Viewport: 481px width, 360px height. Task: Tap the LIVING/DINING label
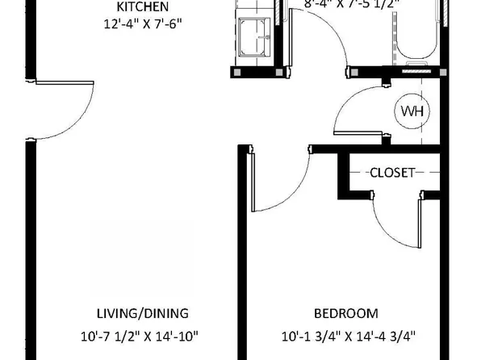[x=142, y=313]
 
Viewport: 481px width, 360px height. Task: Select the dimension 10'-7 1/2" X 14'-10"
[x=142, y=335]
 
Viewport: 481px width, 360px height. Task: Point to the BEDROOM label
[x=345, y=313]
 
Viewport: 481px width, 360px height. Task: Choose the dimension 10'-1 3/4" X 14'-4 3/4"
[x=345, y=335]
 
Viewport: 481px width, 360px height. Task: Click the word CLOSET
[x=392, y=172]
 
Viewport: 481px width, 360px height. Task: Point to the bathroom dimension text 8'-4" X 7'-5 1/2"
[x=353, y=3]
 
